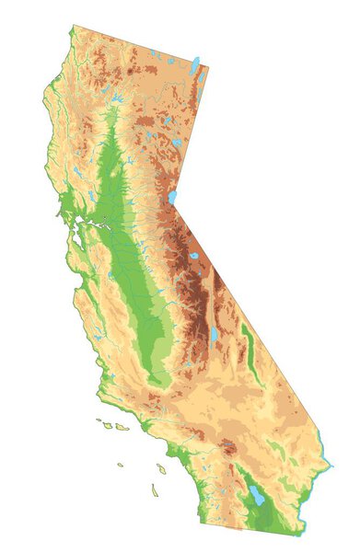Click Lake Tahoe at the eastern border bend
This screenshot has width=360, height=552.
tap(172, 196)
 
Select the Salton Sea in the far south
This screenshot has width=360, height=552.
tap(256, 497)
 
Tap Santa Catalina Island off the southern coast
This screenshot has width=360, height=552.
tap(160, 469)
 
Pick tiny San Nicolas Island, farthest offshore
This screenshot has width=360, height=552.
tap(120, 465)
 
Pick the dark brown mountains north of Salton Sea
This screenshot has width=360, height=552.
tap(228, 449)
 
